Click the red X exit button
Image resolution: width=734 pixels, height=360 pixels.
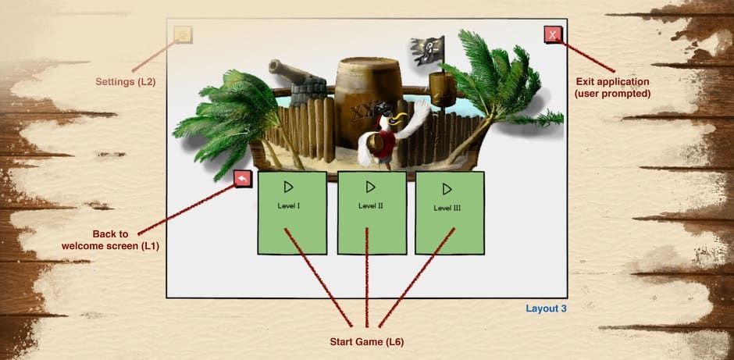click(552, 34)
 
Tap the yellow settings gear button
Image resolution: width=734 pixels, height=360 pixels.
click(183, 34)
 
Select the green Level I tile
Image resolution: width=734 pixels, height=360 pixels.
click(291, 212)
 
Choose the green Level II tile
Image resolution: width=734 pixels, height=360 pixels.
click(372, 212)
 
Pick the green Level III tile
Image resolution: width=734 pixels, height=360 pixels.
click(449, 212)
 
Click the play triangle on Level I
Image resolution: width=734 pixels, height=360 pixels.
click(288, 187)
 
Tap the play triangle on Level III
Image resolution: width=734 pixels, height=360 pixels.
click(447, 189)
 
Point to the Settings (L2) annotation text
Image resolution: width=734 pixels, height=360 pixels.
click(125, 81)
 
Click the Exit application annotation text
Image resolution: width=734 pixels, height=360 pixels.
click(612, 87)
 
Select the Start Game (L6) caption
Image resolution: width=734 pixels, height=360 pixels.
click(366, 341)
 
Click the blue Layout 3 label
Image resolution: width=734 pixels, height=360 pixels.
click(546, 308)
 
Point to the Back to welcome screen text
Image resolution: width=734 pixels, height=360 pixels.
click(110, 240)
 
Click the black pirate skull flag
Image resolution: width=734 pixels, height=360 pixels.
click(428, 48)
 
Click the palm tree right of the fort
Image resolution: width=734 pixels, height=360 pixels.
click(500, 86)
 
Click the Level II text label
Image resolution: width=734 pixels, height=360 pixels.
click(371, 206)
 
